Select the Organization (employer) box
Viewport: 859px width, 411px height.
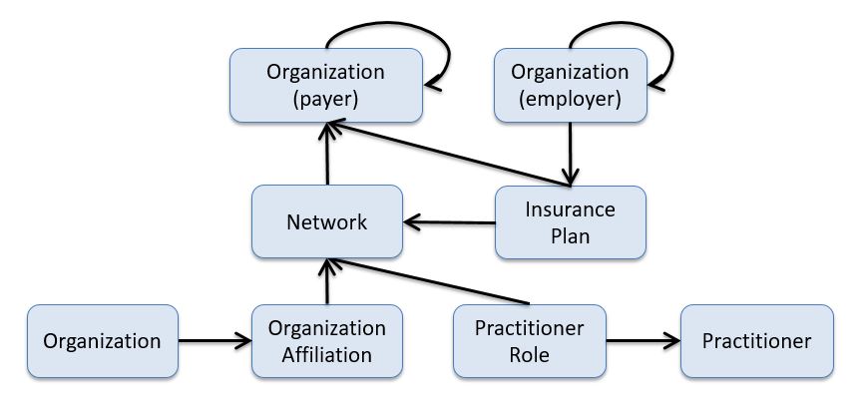(x=570, y=86)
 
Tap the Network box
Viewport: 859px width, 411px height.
(x=326, y=221)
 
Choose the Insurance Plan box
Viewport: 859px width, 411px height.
(x=571, y=221)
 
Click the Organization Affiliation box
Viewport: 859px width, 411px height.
(x=326, y=341)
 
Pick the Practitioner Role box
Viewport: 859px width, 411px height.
(x=529, y=341)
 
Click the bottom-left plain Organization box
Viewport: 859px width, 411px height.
(x=102, y=341)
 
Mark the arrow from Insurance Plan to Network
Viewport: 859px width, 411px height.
(x=449, y=221)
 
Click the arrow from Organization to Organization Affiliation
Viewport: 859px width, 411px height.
(x=215, y=341)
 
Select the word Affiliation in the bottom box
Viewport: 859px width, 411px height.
(x=326, y=355)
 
